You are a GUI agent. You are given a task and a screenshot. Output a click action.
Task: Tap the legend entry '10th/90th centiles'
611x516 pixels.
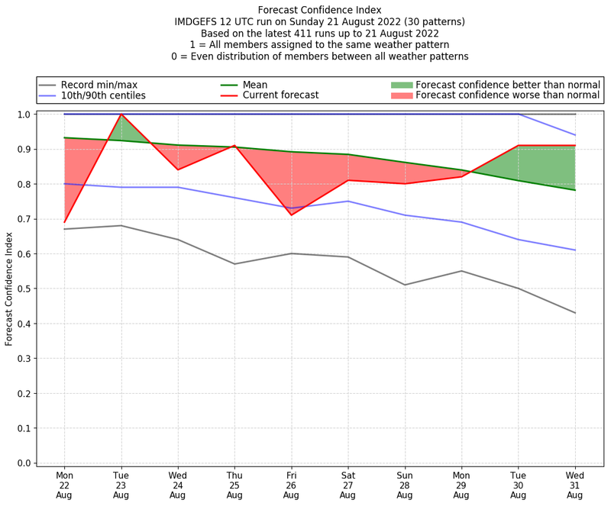103,95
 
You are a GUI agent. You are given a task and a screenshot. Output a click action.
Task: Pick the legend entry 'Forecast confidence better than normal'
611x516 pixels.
508,84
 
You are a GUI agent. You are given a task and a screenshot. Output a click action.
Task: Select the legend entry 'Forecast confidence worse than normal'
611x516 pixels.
508,95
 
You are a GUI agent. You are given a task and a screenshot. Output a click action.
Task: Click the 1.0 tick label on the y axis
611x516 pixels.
24,114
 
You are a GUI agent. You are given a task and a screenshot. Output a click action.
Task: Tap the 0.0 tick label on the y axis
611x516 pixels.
24,463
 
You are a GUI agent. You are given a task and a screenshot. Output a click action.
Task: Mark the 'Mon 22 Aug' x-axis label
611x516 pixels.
64,485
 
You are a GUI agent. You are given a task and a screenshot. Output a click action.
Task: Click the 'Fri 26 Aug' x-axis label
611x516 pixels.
291,485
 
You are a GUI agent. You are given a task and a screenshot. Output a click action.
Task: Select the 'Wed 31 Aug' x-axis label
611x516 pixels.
575,485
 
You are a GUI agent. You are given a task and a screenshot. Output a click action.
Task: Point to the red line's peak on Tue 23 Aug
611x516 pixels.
121,114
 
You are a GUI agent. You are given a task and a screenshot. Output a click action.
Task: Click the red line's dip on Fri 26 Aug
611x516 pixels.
291,214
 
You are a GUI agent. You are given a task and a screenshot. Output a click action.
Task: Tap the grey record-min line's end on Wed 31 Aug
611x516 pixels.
575,313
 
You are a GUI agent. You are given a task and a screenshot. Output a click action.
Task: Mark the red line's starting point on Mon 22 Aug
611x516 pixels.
64,222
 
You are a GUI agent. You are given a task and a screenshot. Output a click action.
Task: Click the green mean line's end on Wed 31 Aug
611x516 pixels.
575,190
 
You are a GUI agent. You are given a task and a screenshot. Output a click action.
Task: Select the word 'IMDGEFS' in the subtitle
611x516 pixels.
199,22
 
